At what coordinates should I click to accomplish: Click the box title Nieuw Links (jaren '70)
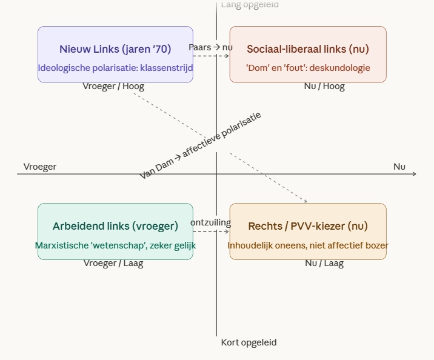(x=115, y=49)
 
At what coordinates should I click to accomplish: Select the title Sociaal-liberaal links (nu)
(x=308, y=49)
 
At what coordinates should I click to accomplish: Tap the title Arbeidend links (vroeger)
(x=115, y=226)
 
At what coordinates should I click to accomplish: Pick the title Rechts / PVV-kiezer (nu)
(x=308, y=226)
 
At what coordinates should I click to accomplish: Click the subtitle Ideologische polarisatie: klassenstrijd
(x=115, y=68)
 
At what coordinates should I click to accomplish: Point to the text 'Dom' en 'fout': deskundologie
(x=308, y=68)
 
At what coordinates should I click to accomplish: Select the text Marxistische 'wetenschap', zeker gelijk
(x=115, y=245)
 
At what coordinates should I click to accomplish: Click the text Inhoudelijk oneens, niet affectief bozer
(x=308, y=245)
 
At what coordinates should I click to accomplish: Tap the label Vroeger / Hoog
(x=113, y=86)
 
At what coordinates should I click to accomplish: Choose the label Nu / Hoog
(x=324, y=86)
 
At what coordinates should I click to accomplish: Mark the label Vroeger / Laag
(x=113, y=263)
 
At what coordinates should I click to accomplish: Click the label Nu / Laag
(x=324, y=263)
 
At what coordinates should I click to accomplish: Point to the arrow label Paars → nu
(x=210, y=47)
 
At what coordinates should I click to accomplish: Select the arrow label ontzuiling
(x=210, y=222)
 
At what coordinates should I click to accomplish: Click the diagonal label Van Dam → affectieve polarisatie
(x=201, y=145)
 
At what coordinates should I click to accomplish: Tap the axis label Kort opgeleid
(x=249, y=342)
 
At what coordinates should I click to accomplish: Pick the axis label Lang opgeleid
(x=250, y=5)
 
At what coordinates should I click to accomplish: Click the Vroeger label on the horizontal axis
(x=40, y=167)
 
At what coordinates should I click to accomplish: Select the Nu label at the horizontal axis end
(x=399, y=167)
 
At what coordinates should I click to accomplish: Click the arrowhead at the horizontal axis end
(x=415, y=174)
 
